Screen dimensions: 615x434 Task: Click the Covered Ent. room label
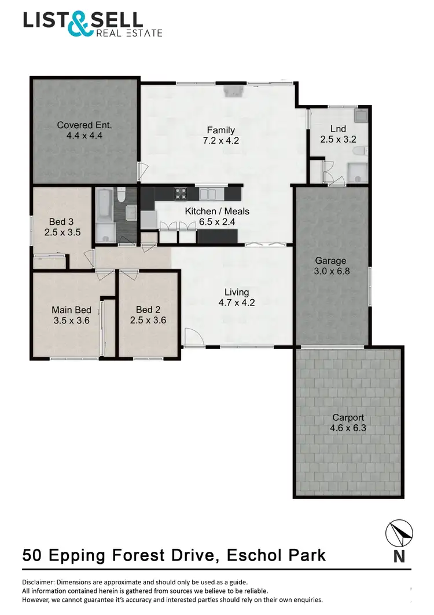click(x=84, y=125)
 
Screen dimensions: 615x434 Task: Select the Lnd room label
click(x=338, y=129)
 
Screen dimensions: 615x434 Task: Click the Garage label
click(x=330, y=261)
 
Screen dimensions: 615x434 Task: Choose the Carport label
click(x=348, y=418)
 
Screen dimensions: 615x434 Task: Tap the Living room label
click(x=237, y=292)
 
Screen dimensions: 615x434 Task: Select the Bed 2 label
click(x=148, y=310)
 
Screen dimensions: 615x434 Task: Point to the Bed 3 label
click(x=61, y=221)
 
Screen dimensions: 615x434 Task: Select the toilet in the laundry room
click(x=361, y=152)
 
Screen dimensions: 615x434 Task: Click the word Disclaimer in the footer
click(x=41, y=582)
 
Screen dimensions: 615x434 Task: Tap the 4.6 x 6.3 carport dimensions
click(x=348, y=428)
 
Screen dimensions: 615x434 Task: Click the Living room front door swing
click(x=192, y=336)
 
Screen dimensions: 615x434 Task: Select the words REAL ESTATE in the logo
click(x=128, y=32)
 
